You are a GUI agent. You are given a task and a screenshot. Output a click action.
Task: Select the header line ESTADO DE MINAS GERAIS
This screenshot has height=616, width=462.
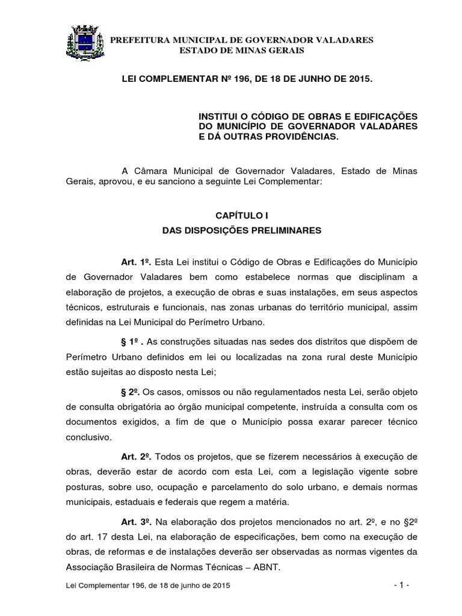[x=242, y=51]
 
